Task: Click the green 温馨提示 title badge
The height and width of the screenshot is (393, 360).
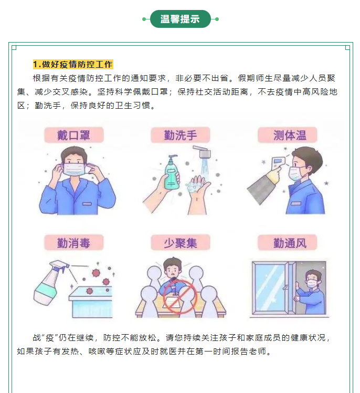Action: coord(180,19)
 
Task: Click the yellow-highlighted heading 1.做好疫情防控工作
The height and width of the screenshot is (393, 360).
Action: coord(73,65)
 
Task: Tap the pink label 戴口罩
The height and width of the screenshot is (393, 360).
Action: coord(74,135)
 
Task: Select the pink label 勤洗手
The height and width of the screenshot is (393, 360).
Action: coord(180,135)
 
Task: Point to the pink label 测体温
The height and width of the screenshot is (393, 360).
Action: coord(288,135)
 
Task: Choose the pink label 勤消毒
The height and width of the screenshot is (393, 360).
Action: coord(74,243)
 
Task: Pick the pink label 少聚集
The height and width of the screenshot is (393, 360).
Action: coord(180,243)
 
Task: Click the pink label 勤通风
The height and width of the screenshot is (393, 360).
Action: coord(288,243)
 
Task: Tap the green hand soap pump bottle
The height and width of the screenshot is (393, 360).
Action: coord(172,172)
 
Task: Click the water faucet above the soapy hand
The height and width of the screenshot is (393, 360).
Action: coord(202,151)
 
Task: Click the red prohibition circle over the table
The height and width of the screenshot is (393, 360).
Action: coord(180,296)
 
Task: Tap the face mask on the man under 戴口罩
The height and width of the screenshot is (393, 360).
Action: coord(74,169)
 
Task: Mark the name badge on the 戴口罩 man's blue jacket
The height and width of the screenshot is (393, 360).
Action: coord(87,204)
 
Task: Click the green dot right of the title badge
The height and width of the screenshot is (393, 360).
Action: coord(217,19)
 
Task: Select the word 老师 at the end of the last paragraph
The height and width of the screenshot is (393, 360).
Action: coord(257,351)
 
